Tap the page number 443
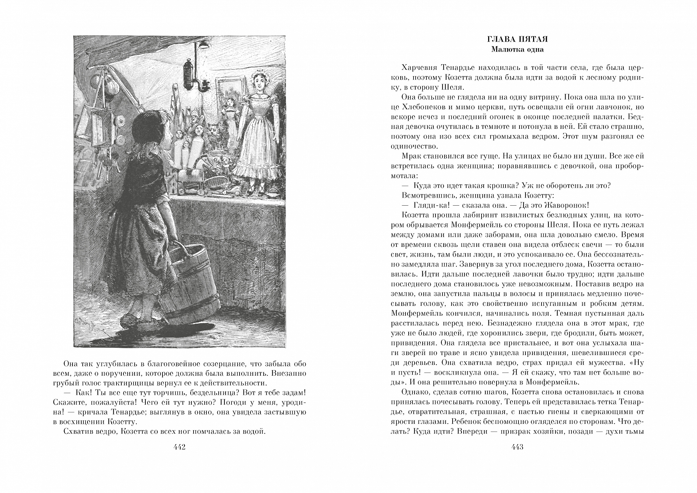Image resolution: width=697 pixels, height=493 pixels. (x=517, y=448)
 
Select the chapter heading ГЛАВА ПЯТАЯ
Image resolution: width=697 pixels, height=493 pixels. (x=517, y=40)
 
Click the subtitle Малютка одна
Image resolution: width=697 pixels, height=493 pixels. (x=517, y=49)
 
